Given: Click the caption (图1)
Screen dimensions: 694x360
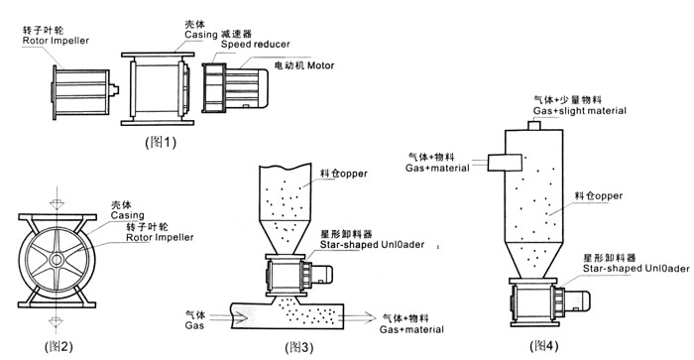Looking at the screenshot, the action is coord(161,142).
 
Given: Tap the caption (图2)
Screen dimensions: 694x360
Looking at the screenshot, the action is coord(58,346).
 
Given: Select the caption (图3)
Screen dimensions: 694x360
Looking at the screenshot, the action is coord(299,347).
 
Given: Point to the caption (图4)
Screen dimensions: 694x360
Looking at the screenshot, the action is coord(544,345).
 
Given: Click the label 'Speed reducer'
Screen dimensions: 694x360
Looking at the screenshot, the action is coord(256,45).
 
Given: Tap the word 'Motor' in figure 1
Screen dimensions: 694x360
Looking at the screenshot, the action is coord(321,65).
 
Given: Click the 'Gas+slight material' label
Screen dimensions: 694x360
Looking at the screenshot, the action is coord(579,111).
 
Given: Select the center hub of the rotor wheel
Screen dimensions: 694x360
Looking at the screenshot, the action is coord(57,260).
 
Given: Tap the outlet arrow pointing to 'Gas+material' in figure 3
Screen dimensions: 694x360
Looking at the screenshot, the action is coord(359,317).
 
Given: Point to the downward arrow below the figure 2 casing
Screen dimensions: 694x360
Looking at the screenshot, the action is coord(56,318).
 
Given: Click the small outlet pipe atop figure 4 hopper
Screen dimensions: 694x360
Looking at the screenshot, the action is coord(534,125).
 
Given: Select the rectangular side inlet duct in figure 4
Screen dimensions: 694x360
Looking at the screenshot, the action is coord(505,162).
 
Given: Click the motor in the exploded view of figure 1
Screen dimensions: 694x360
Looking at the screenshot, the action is coord(247,88).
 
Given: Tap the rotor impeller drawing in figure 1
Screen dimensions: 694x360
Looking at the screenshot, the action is coord(84,92).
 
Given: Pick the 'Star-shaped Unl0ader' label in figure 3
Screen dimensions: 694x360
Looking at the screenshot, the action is coord(372,244).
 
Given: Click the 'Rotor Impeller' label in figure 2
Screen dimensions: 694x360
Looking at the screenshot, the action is coord(160,237).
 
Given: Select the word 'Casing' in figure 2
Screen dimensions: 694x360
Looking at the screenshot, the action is coord(128,215).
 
